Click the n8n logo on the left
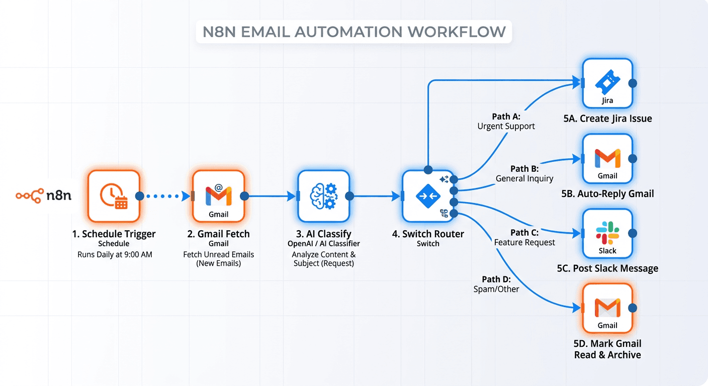point(43,196)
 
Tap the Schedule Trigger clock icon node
point(114,196)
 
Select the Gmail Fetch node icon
point(218,196)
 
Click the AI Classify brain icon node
point(323,196)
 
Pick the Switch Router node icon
point(428,196)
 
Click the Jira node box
point(607,83)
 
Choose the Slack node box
point(607,234)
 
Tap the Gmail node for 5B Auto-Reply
point(607,159)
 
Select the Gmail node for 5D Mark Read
point(607,308)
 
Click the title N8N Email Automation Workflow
point(354,32)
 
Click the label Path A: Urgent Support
point(506,122)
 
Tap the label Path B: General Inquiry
point(524,173)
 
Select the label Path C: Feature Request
point(524,237)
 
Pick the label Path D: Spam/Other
point(496,284)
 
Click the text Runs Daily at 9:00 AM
point(115,255)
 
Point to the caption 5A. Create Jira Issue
point(607,119)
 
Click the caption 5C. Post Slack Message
point(607,268)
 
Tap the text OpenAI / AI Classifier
point(323,244)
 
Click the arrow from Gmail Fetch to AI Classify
point(271,196)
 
